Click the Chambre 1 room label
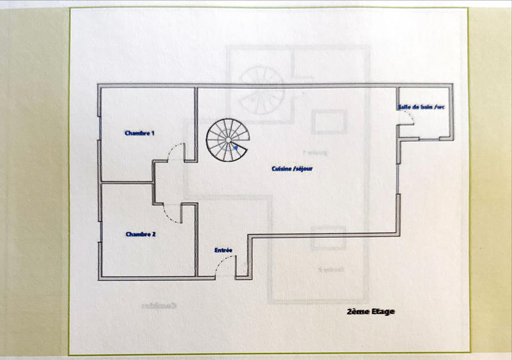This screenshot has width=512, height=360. (140, 134)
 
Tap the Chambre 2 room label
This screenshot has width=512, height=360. (140, 234)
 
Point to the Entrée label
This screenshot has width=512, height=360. (223, 251)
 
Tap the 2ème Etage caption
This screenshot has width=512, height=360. (370, 311)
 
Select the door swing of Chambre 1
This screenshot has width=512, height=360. (175, 152)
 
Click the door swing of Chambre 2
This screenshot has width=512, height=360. (170, 211)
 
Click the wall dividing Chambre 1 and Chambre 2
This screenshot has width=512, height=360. (125, 182)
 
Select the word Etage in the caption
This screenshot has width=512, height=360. (382, 311)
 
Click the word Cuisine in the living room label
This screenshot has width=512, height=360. (282, 169)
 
